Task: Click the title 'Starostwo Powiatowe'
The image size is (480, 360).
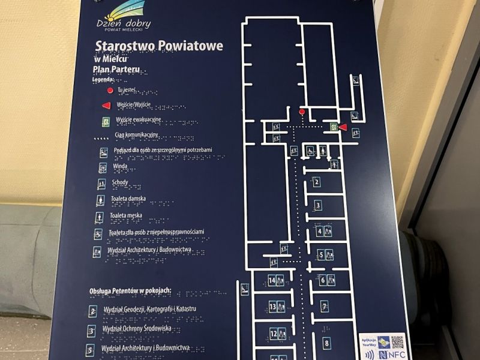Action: pos(158,47)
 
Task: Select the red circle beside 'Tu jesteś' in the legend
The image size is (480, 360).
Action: pos(110,91)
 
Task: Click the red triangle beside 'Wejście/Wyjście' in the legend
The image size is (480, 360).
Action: pos(106,105)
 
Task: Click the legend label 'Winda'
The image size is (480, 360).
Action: pos(120,166)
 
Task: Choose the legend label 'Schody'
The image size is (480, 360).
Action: pos(121,182)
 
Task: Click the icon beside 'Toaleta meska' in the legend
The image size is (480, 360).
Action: pos(100,216)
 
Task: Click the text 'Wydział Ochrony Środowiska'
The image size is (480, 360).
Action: pos(137,329)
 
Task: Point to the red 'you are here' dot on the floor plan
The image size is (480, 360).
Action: pos(302,112)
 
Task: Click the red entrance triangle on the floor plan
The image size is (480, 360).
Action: pos(343,127)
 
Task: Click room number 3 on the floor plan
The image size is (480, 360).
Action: pos(318,206)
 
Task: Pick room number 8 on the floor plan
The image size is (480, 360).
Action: pos(326,344)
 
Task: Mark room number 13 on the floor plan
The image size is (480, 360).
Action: pos(273,307)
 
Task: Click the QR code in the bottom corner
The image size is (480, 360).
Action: pos(398,342)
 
